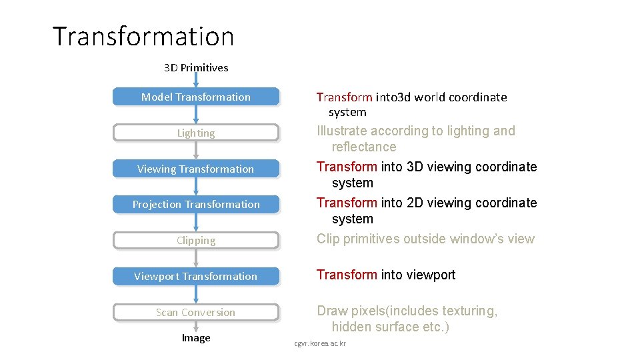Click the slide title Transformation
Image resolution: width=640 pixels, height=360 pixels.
143,36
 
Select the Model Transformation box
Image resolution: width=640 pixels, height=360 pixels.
195,97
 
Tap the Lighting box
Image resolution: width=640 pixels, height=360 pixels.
195,133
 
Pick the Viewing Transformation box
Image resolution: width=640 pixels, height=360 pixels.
195,169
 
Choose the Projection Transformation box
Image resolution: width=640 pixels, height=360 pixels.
195,205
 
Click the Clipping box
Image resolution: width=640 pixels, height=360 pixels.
195,241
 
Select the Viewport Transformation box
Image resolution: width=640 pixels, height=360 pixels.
195,277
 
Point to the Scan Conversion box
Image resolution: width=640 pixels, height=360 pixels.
195,313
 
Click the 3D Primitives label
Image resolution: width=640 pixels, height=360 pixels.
196,67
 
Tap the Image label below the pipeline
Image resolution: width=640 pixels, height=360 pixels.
196,338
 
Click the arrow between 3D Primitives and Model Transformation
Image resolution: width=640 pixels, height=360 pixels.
196,81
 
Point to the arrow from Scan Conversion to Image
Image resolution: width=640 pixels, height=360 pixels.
196,325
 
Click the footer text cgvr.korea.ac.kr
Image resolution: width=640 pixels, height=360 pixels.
321,343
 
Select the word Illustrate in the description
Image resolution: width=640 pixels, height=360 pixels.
341,131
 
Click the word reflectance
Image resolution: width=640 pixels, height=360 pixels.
364,147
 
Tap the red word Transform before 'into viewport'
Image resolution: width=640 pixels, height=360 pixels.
347,275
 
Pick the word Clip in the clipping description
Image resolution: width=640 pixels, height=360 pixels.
328,239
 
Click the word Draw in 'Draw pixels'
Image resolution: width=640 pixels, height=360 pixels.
332,311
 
